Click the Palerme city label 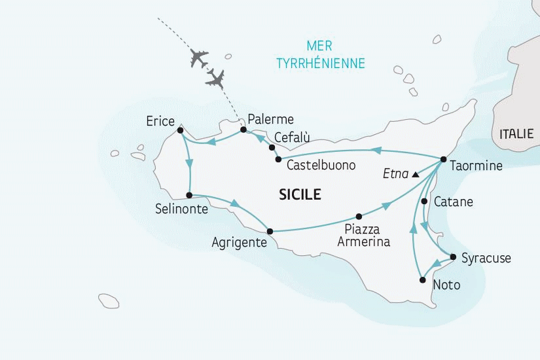click(x=272, y=120)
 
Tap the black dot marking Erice click(x=180, y=130)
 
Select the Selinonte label click(x=181, y=209)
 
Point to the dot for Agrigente click(x=269, y=230)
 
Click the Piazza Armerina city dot click(x=359, y=216)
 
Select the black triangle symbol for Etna click(x=415, y=175)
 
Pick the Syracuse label click(x=486, y=259)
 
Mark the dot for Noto click(x=422, y=280)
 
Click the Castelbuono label click(x=321, y=166)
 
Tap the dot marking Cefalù click(x=272, y=147)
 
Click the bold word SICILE click(x=300, y=194)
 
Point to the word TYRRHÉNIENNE click(x=320, y=63)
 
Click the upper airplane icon click(x=198, y=58)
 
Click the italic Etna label click(x=395, y=175)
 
